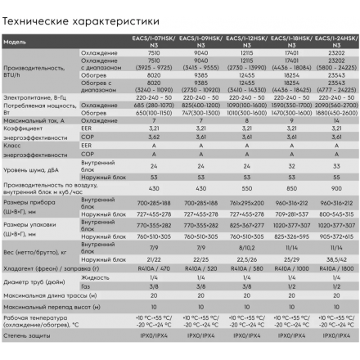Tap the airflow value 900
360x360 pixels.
[337, 187]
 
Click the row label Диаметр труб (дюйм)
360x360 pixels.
[36, 281]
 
